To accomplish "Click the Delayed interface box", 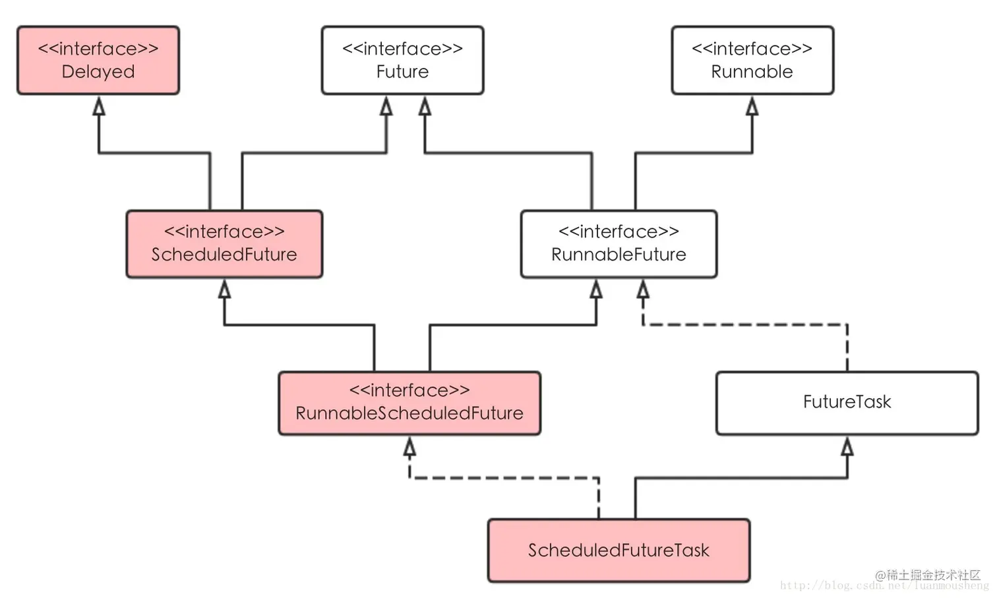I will click(x=98, y=60).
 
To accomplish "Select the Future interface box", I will click(x=402, y=60).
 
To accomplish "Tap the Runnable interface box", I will click(x=752, y=60).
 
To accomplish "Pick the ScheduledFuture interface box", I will click(x=224, y=244).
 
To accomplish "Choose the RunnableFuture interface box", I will click(x=619, y=244).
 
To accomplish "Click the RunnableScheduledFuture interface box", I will click(x=409, y=403).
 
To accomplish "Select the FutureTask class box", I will click(x=847, y=403).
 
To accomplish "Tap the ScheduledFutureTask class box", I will click(x=619, y=550).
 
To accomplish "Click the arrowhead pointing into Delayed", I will click(x=99, y=106).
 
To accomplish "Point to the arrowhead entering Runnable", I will click(x=752, y=106).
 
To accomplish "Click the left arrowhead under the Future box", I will click(x=386, y=106).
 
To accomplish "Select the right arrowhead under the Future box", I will click(x=425, y=106).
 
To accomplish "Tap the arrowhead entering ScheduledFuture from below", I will click(x=225, y=289).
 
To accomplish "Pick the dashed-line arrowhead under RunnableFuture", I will click(x=643, y=289).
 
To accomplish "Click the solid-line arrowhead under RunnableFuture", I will click(x=596, y=289).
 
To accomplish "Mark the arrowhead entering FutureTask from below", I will click(x=847, y=447).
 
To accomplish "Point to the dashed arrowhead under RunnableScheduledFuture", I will click(x=409, y=448).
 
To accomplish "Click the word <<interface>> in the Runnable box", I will click(x=752, y=49).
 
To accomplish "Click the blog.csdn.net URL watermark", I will click(x=884, y=586).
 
